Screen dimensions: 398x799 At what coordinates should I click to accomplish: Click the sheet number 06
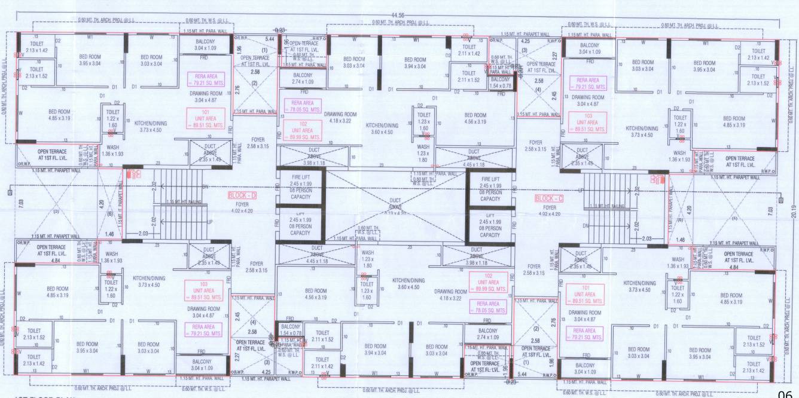pyautogui.click(x=787, y=392)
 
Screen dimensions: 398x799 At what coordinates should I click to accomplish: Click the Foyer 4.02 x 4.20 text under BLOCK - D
pyautogui.click(x=241, y=207)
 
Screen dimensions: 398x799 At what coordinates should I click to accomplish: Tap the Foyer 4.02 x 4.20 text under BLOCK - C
pyautogui.click(x=550, y=210)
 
